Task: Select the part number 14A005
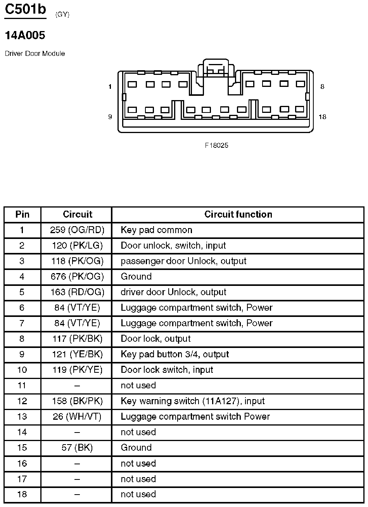(x=25, y=36)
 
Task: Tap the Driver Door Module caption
(x=35, y=54)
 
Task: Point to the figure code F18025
(x=217, y=145)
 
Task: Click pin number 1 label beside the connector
(x=110, y=87)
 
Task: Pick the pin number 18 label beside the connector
(x=322, y=117)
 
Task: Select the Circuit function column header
(x=238, y=215)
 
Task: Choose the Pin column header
(x=22, y=215)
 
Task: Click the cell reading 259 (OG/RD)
(x=77, y=230)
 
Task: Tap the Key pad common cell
(x=156, y=230)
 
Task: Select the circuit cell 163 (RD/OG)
(x=77, y=292)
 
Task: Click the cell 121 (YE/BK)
(x=77, y=354)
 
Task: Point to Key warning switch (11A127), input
(x=193, y=401)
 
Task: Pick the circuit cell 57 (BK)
(x=77, y=447)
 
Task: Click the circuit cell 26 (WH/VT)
(x=77, y=416)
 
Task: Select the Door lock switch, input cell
(x=167, y=370)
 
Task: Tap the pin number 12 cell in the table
(x=22, y=401)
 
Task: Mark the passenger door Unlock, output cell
(x=183, y=261)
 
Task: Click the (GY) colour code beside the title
(x=62, y=15)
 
